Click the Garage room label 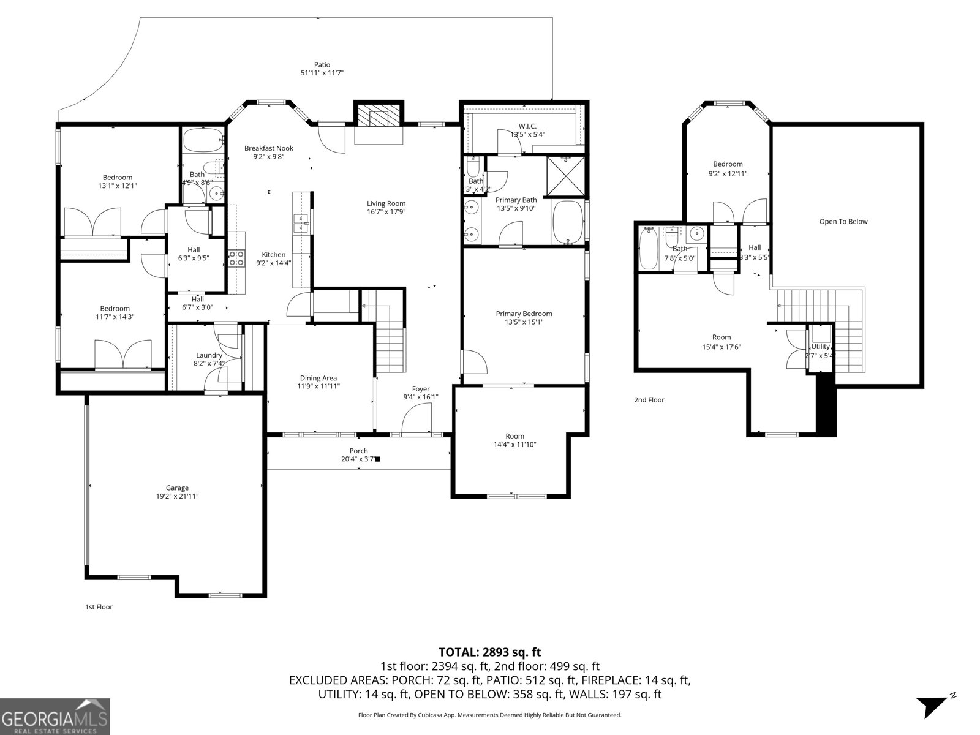176,488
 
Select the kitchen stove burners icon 236,258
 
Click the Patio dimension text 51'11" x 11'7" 322,73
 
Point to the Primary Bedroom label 524,314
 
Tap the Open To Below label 843,222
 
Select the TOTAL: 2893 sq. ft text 489,652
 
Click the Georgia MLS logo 55,716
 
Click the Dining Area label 318,378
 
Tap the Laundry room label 209,355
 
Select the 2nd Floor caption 649,400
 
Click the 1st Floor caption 98,607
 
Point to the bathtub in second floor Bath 648,248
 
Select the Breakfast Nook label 268,148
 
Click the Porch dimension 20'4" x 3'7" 359,459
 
